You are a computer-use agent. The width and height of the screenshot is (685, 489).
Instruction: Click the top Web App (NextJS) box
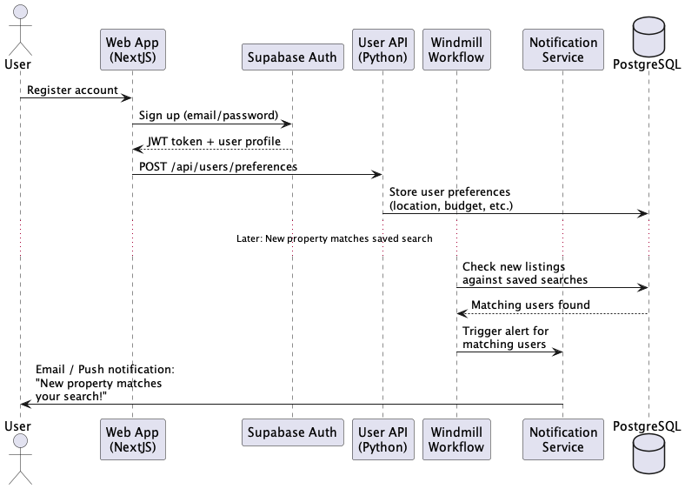coord(132,50)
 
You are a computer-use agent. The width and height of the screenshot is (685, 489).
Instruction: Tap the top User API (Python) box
coord(382,50)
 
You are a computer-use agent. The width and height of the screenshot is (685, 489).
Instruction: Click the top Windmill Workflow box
coord(456,50)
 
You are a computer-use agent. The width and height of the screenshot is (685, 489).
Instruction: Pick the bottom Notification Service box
coord(562,439)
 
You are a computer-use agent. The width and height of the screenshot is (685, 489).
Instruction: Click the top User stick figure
coord(20,30)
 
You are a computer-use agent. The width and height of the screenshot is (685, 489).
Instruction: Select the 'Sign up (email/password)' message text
coord(209,116)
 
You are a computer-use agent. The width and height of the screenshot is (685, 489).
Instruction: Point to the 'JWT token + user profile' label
coord(214,141)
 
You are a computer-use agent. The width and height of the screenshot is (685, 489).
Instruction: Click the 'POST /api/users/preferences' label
coord(218,166)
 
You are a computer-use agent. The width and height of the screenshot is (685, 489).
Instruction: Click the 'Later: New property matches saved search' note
coord(334,238)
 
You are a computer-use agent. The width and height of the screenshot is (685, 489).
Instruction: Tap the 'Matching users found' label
coord(530,305)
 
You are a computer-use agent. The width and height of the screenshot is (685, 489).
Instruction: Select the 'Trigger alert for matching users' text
coord(506,338)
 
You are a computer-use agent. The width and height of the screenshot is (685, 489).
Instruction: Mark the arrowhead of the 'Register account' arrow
coord(127,98)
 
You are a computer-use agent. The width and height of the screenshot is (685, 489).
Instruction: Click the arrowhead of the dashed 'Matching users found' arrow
coord(462,313)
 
